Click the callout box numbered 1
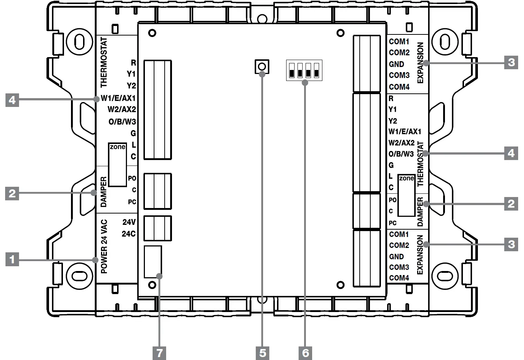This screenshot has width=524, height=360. click(x=12, y=260)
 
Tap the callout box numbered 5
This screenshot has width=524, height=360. click(x=262, y=353)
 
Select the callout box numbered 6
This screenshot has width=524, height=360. click(x=306, y=353)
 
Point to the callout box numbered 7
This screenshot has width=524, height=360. click(x=159, y=353)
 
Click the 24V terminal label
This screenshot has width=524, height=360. click(x=129, y=222)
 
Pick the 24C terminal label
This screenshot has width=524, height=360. click(x=129, y=234)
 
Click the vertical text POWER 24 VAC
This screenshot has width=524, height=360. click(x=104, y=246)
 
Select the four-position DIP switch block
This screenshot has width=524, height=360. click(x=304, y=70)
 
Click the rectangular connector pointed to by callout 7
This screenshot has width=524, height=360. click(x=153, y=262)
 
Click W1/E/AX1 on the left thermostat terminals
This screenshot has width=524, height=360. click(x=118, y=98)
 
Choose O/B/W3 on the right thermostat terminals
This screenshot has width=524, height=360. click(x=401, y=154)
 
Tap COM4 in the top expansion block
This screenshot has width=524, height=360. click(x=399, y=87)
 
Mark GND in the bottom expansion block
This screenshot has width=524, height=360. click(x=396, y=256)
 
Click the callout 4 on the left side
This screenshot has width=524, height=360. click(x=12, y=100)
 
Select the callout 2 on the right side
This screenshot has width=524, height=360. click(x=511, y=203)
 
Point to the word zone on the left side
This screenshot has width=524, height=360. click(x=117, y=147)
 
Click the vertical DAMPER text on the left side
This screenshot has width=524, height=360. click(x=104, y=192)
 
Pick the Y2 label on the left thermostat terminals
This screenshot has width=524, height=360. click(x=131, y=86)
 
